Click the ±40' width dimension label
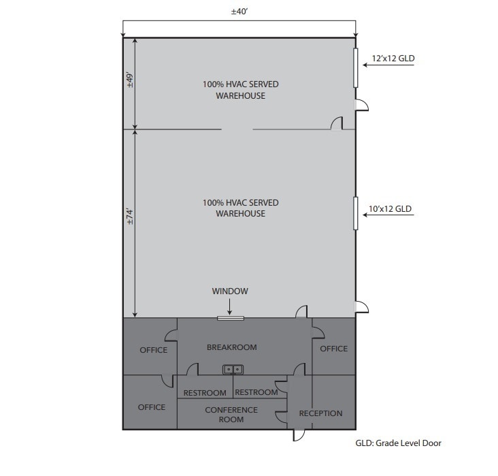coord(239,12)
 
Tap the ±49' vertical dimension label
coord(129,82)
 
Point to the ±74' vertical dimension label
coord(129,217)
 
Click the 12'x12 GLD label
coord(393,59)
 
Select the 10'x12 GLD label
coord(390,209)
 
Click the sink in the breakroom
coord(233,369)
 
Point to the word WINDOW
coord(230,291)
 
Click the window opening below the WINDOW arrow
coord(231,317)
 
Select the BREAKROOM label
coord(231,347)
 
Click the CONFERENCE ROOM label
coord(231,415)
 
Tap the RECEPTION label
coord(320,413)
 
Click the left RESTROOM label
coord(205,393)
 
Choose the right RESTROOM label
coord(256,392)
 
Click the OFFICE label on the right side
coord(333,349)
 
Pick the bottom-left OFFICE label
coord(152,407)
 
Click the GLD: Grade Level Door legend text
coord(398,443)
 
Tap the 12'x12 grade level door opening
coord(355,67)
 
